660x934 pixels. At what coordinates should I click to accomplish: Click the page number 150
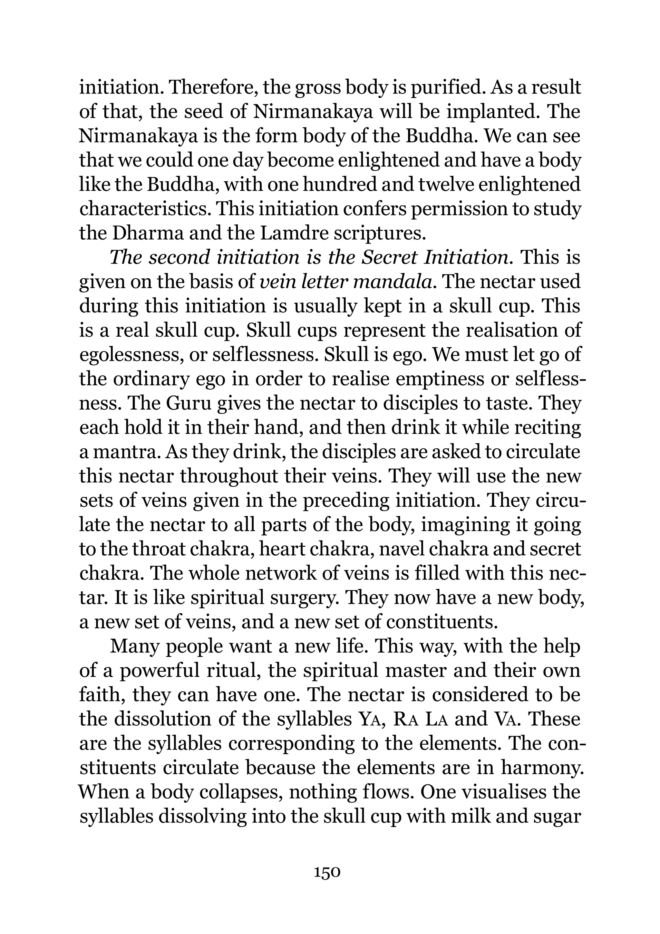(x=327, y=873)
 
